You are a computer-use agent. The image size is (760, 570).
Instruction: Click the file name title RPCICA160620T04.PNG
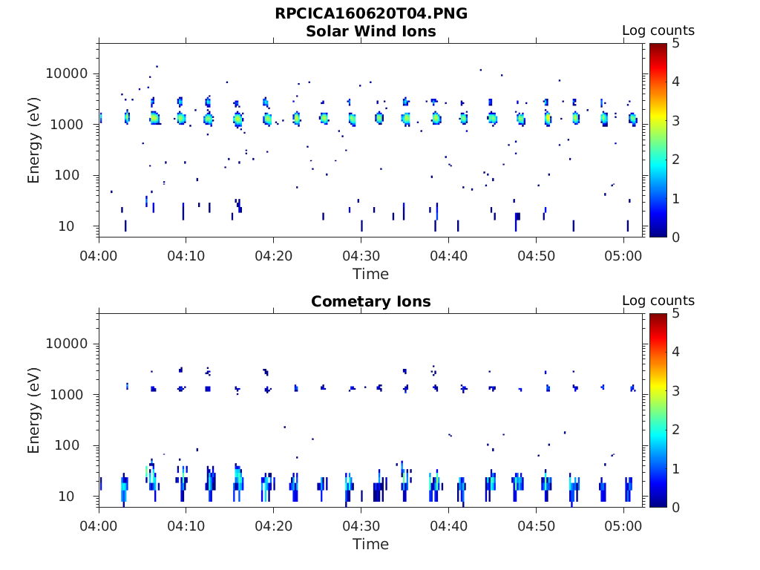pos(371,13)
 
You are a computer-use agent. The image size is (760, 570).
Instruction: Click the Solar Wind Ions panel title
pos(371,31)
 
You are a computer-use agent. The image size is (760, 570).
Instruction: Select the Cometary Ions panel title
pos(371,301)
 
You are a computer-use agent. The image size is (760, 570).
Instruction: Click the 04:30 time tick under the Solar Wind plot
pos(361,256)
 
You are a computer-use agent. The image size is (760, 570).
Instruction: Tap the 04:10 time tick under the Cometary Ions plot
pos(186,526)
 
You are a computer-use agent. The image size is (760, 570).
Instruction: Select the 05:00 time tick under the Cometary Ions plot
pos(623,526)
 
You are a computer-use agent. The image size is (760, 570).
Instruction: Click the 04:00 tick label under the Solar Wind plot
pos(99,256)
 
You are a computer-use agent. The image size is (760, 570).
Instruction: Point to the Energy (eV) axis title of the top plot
pos(34,140)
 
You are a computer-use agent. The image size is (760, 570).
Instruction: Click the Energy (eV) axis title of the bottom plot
pos(34,410)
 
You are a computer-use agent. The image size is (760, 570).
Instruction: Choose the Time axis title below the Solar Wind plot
pos(370,274)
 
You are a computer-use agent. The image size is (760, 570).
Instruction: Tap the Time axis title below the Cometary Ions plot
pos(370,544)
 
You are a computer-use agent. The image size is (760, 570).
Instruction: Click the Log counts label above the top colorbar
pos(658,30)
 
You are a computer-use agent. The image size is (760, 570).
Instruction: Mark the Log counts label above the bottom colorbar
pos(658,301)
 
